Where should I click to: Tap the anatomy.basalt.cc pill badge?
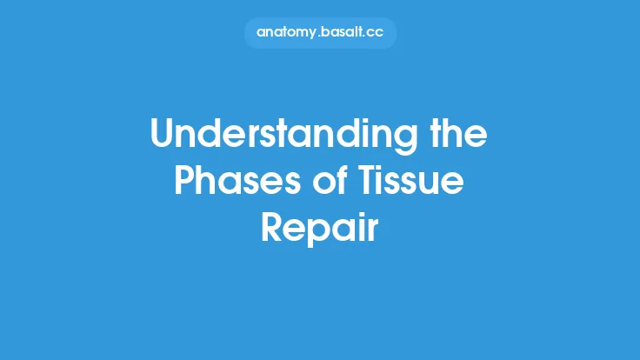[320, 32]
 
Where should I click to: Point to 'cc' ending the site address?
[377, 33]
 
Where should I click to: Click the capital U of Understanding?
[163, 136]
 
